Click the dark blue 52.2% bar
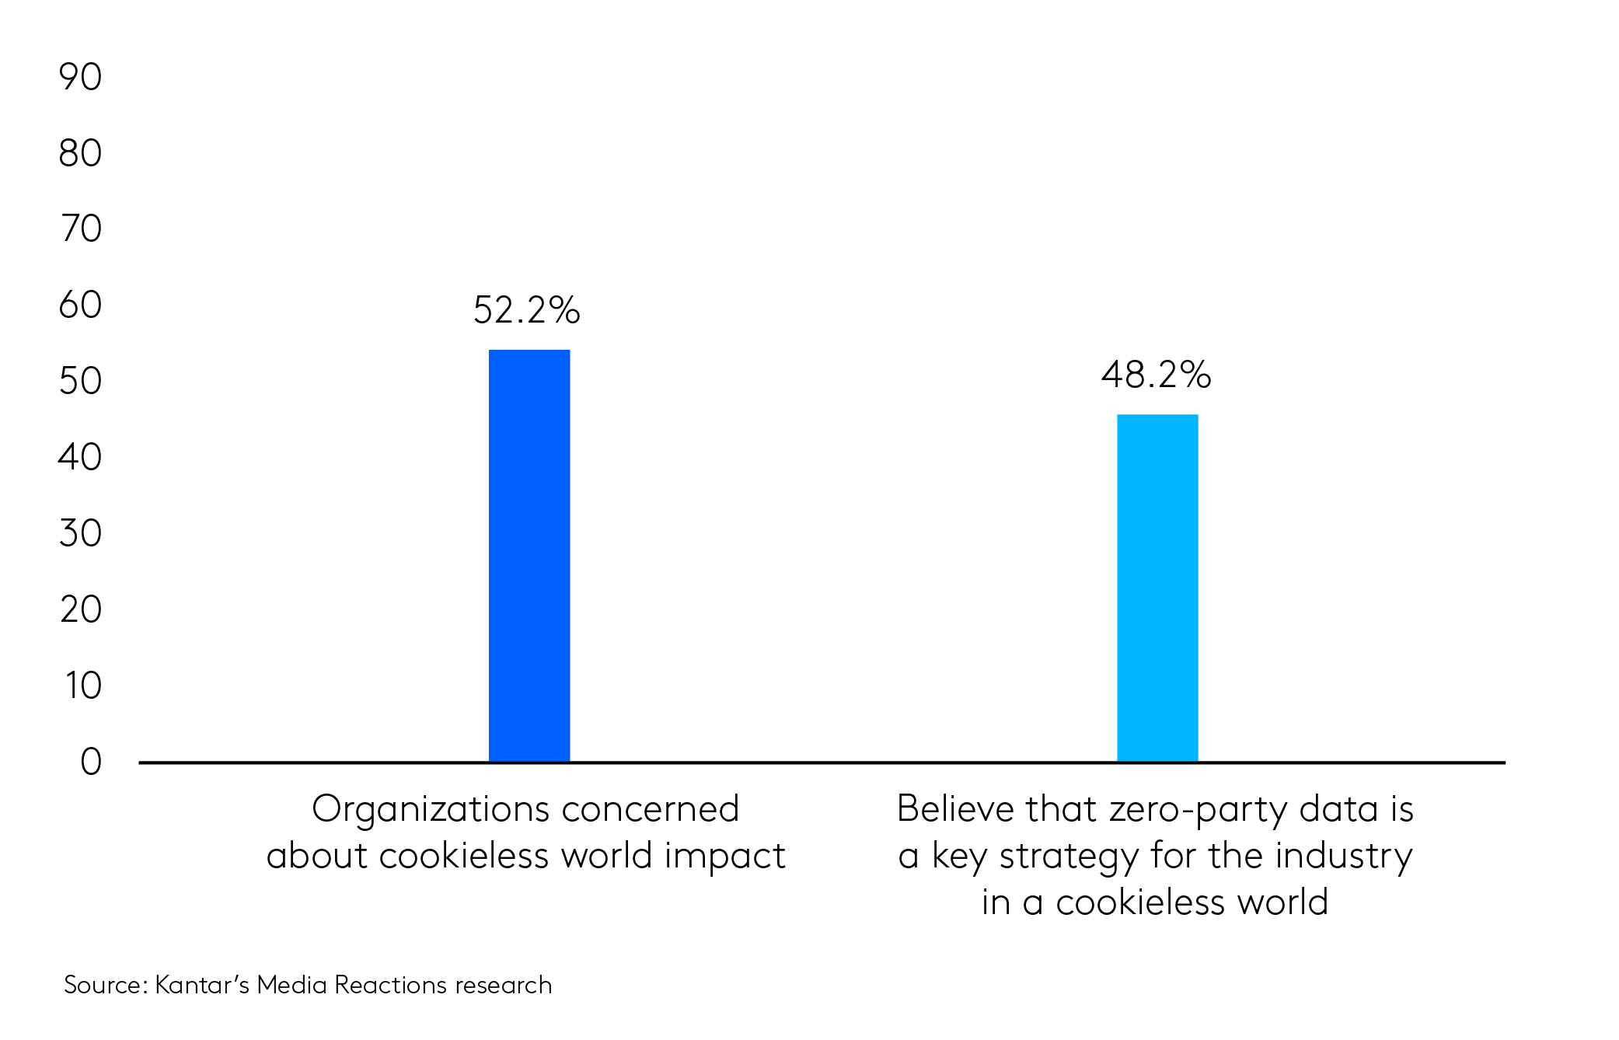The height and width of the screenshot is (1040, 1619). point(529,556)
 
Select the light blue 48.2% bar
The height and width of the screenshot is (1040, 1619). point(1157,588)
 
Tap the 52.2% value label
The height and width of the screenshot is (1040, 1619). point(526,310)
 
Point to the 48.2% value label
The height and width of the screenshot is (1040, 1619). point(1156,375)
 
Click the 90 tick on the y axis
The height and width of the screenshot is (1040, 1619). point(80,77)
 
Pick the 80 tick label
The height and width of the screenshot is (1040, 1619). point(80,153)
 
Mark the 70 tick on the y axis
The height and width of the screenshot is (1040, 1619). point(81,229)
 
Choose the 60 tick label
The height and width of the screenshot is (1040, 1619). point(80,305)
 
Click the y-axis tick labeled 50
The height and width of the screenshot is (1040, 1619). point(80,381)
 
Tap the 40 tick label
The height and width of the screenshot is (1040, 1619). point(80,457)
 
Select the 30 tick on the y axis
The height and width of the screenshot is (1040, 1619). point(80,533)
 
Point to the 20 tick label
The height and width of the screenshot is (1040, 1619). point(81,609)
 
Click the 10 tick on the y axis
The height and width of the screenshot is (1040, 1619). point(83,686)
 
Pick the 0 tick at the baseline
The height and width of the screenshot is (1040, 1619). point(91,762)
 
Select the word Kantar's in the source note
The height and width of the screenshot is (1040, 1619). point(202,985)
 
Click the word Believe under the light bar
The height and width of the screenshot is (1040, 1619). point(955,808)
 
